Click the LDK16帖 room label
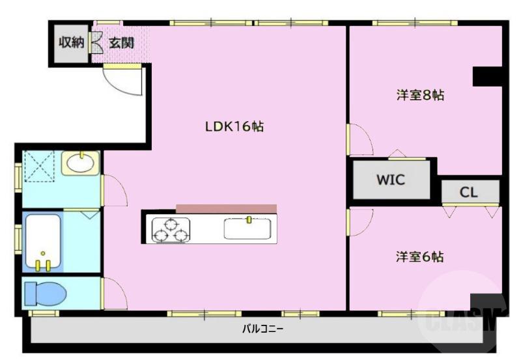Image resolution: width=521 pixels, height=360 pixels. (x=234, y=127)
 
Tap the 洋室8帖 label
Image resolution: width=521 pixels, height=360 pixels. (x=420, y=95)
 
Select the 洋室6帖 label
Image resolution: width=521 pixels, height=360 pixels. (x=420, y=256)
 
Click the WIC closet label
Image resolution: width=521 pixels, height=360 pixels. (x=390, y=180)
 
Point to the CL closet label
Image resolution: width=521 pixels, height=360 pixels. (x=469, y=193)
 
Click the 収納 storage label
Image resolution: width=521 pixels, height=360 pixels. (x=72, y=43)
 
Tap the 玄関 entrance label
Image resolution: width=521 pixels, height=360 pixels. (x=121, y=44)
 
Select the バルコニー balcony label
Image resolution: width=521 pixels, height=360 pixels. (x=263, y=329)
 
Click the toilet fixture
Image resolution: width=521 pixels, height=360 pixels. (x=45, y=294)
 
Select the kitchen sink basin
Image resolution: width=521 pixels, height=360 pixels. (x=247, y=228)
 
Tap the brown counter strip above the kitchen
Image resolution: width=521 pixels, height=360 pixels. (x=226, y=208)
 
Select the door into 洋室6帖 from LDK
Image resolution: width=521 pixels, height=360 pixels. (x=358, y=222)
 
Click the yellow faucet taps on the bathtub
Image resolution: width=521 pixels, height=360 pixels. (x=44, y=264)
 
